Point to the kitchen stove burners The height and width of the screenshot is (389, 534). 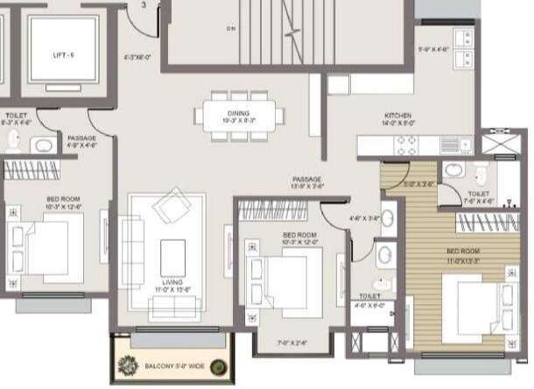click(404, 147)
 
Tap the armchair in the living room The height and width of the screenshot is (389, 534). click(170, 208)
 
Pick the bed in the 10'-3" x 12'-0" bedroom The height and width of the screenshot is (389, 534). click(279, 276)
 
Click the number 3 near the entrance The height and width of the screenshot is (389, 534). click(144, 5)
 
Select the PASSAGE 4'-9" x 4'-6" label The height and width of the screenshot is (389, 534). click(81, 142)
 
